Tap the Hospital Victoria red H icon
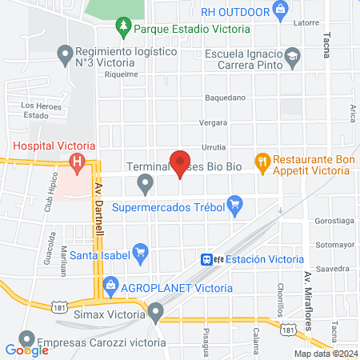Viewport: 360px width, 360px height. (78, 165)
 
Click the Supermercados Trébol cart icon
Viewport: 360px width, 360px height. (234, 206)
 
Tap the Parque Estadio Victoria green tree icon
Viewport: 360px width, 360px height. (123, 29)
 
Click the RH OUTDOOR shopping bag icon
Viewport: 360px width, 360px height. (280, 11)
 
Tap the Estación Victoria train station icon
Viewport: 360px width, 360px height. (208, 259)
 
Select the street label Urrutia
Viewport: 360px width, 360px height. (214, 147)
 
